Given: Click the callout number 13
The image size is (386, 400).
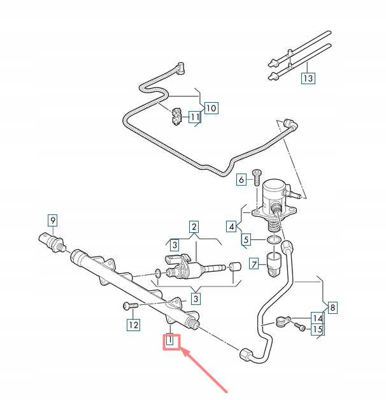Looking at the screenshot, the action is (x=308, y=78).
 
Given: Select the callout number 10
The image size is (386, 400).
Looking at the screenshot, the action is (x=211, y=108).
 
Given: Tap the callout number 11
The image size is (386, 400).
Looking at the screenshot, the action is (x=195, y=117).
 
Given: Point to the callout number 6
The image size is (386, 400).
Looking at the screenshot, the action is (x=241, y=180).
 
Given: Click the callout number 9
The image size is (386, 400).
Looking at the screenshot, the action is (x=53, y=220).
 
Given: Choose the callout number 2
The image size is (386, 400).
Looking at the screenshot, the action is (x=194, y=226).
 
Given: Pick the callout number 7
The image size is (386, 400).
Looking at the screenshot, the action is (x=254, y=264).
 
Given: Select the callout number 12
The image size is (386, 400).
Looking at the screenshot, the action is (x=134, y=325).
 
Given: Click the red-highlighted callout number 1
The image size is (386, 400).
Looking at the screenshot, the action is (x=170, y=340).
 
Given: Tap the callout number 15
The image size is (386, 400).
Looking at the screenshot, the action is (x=317, y=329).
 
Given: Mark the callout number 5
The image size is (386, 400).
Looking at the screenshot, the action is (x=246, y=239).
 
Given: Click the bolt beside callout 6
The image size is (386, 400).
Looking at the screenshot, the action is (x=257, y=177).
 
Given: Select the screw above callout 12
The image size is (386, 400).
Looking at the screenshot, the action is (x=131, y=306).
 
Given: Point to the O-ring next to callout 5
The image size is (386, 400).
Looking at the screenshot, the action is (x=274, y=239).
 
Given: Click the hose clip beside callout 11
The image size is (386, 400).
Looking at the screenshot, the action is (x=176, y=117).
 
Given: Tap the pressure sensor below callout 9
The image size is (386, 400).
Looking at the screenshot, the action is (x=52, y=242).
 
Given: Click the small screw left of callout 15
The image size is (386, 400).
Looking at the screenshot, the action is (x=299, y=327).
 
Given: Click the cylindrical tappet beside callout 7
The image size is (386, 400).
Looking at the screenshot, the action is (x=274, y=265).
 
